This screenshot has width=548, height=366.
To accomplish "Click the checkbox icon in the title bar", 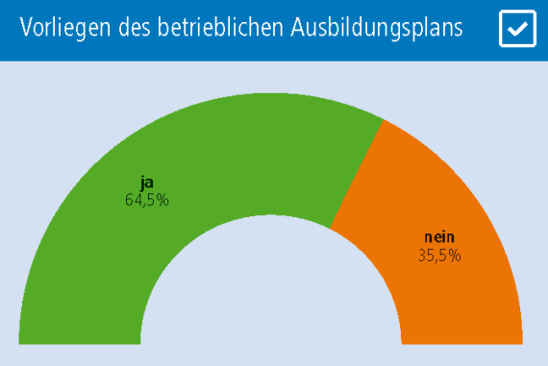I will click(517, 29).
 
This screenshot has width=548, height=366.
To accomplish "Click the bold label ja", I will click(147, 183).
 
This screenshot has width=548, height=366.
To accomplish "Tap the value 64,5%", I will click(147, 200).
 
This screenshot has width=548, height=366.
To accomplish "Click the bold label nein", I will click(439, 238).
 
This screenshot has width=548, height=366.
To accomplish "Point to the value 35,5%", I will click(439, 256).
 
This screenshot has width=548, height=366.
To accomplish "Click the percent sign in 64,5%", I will click(163, 200).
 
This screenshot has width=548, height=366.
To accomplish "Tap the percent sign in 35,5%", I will click(455, 256).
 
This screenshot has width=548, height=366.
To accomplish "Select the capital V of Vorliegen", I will click(25, 29).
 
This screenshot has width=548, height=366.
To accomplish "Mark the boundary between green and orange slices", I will click(358, 174).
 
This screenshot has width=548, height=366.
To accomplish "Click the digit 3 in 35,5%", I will click(422, 256).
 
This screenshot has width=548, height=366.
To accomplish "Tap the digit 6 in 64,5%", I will click(130, 200).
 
